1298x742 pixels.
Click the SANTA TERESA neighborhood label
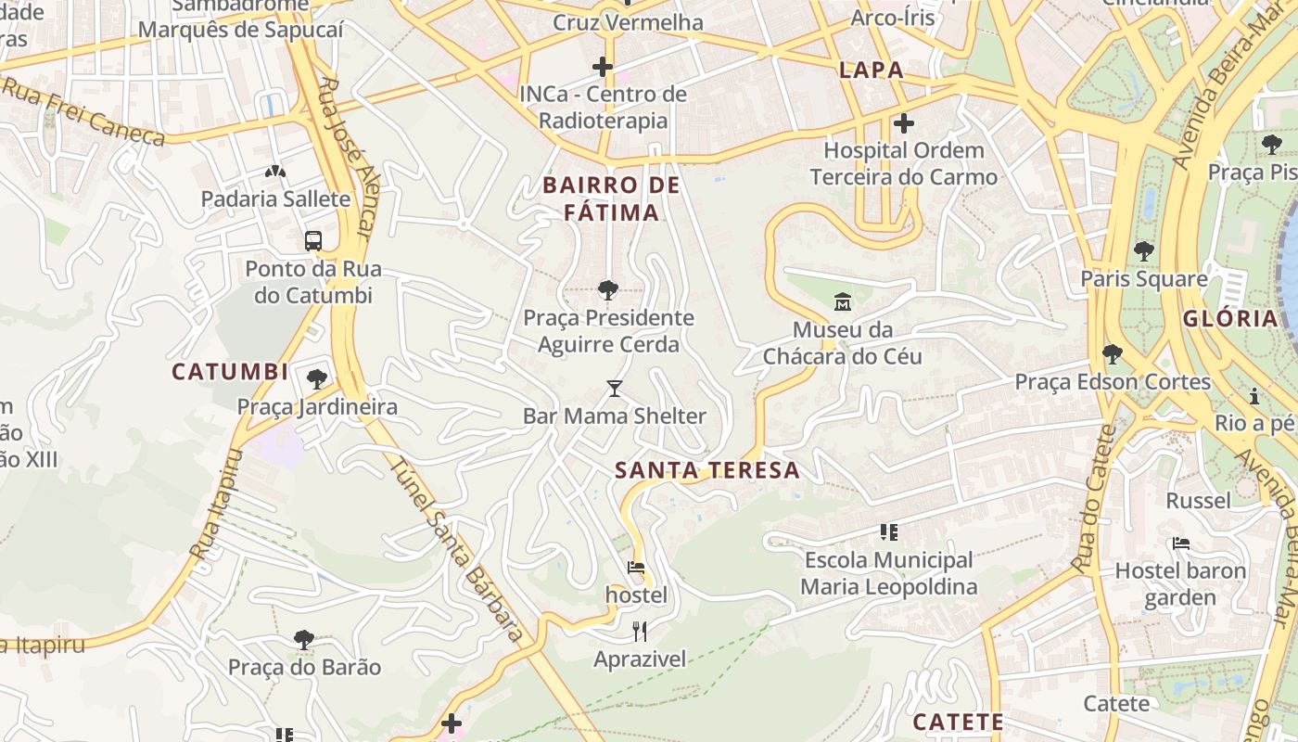[x=707, y=470]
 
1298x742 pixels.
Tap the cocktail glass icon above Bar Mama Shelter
[x=614, y=388]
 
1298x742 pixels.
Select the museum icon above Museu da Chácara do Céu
[x=843, y=301]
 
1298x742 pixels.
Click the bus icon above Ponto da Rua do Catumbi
[x=313, y=241]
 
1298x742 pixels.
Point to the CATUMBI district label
[x=230, y=372]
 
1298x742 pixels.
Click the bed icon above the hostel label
[x=636, y=567]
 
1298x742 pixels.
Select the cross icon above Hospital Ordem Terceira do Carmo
[x=904, y=122]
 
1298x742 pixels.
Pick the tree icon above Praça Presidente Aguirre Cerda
[x=608, y=290]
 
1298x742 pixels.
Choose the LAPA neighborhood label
[x=871, y=70]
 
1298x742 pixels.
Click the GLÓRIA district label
[x=1230, y=318]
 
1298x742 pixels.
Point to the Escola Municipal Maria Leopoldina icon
[x=889, y=532]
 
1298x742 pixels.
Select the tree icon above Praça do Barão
[x=303, y=639]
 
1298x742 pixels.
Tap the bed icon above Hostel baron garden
[x=1180, y=544]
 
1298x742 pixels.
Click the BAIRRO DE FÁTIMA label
[x=612, y=198]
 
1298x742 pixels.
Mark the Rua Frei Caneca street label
[x=83, y=112]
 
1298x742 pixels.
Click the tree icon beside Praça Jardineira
[x=317, y=378]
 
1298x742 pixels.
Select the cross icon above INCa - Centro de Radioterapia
[x=603, y=67]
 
